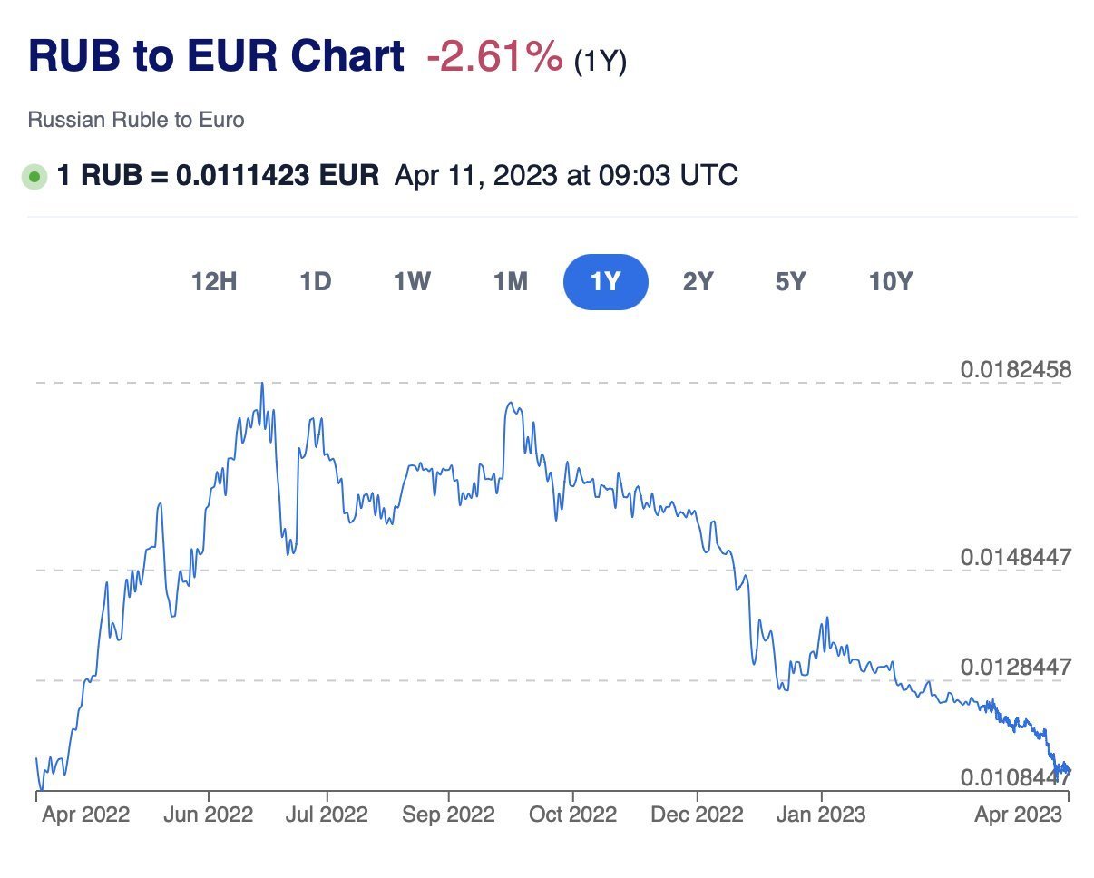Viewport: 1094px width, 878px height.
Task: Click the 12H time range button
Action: [x=214, y=282]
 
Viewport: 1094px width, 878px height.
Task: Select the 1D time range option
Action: [x=315, y=282]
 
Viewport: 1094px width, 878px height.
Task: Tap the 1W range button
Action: [x=411, y=282]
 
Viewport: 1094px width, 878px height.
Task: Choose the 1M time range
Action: [x=510, y=282]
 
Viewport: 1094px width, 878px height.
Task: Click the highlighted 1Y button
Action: [x=605, y=282]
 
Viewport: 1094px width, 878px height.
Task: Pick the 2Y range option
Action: [x=698, y=282]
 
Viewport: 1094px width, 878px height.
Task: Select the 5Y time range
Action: [x=790, y=282]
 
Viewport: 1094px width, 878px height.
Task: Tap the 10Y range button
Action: [x=890, y=282]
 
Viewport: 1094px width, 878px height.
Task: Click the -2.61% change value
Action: [x=494, y=58]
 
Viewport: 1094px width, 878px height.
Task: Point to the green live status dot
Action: [x=34, y=176]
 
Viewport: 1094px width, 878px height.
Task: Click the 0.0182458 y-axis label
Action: [x=1016, y=370]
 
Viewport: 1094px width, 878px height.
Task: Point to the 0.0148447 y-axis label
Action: [x=1016, y=556]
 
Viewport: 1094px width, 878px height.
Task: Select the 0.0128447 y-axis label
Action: [x=1016, y=667]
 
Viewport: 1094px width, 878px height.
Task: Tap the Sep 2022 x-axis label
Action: [x=448, y=815]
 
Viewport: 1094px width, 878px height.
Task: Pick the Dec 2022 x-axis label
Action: [x=697, y=815]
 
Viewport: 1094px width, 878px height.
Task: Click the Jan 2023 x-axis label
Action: [x=821, y=815]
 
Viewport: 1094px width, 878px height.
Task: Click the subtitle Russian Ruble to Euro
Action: [x=136, y=120]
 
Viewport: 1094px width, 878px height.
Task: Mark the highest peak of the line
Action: [x=262, y=384]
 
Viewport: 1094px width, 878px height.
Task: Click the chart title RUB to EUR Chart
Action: [x=216, y=56]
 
